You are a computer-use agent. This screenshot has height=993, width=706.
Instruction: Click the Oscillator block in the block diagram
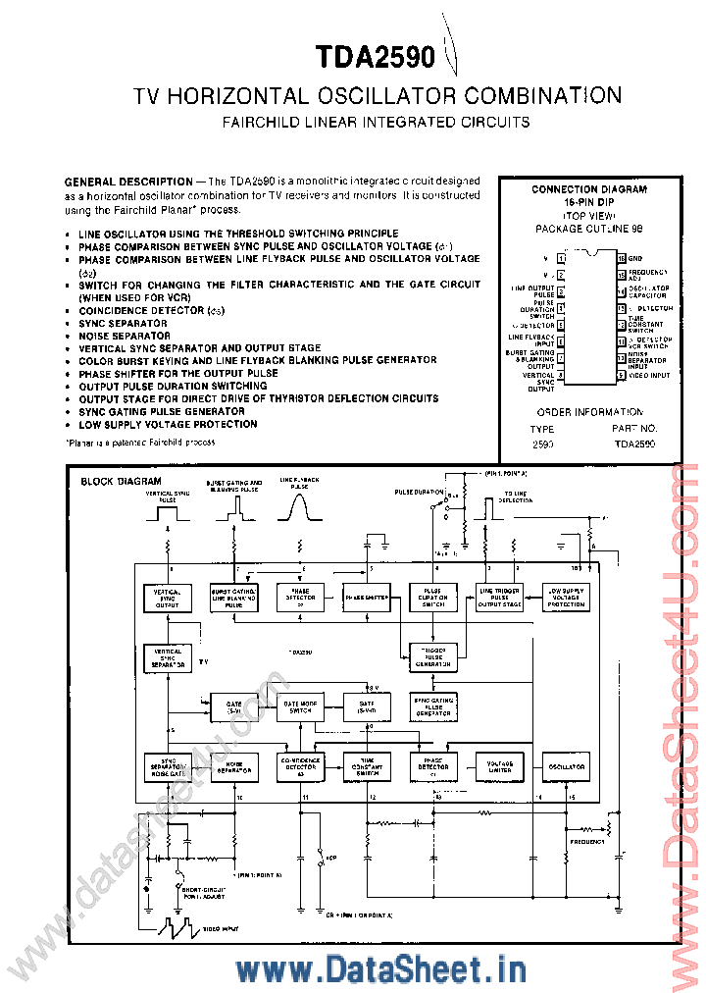pyautogui.click(x=566, y=766)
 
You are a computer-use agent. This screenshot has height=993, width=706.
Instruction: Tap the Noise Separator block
pyautogui.click(x=233, y=766)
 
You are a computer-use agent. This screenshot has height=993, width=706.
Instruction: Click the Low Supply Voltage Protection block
pyautogui.click(x=566, y=597)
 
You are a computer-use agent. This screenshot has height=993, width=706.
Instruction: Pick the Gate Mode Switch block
pyautogui.click(x=301, y=706)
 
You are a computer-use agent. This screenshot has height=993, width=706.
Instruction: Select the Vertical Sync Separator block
pyautogui.click(x=168, y=658)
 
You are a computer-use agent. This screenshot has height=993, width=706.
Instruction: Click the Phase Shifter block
pyautogui.click(x=367, y=597)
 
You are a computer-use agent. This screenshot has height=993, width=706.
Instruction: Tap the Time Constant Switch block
pyautogui.click(x=367, y=766)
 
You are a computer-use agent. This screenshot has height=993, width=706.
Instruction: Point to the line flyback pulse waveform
pyautogui.click(x=300, y=506)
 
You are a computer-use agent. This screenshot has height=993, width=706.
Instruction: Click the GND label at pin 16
pyautogui.click(x=636, y=257)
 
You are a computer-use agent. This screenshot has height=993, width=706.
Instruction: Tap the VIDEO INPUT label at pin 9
pyautogui.click(x=648, y=375)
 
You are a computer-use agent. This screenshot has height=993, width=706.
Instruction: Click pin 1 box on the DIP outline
pyautogui.click(x=561, y=257)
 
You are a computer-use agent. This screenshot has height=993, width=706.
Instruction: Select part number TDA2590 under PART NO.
pyautogui.click(x=635, y=444)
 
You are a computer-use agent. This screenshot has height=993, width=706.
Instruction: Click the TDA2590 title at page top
pyautogui.click(x=376, y=58)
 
